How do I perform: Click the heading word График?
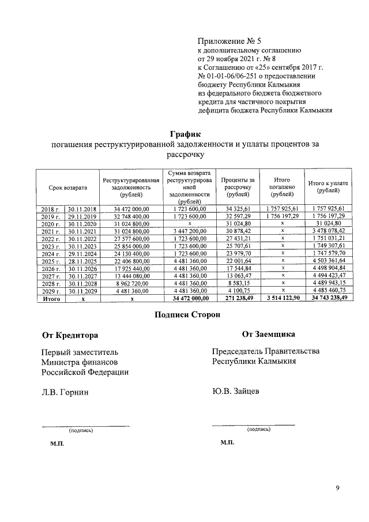184,134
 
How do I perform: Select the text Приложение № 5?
229,41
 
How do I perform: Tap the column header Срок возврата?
68,187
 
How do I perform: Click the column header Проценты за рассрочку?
235,187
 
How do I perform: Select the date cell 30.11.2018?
82,208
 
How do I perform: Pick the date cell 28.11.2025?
82,261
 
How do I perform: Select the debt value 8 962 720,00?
131,284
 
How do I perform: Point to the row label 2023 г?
50,246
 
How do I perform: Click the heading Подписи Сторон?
184,314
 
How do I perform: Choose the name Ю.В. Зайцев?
235,391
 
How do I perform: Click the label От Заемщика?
269,334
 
